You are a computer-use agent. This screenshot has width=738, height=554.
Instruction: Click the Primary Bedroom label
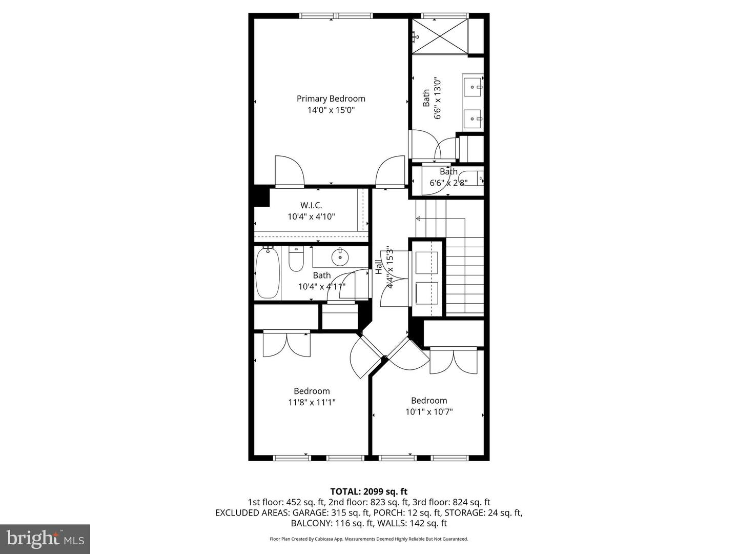[x=331, y=98]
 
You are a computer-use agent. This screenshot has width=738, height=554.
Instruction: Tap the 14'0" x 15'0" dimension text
[x=331, y=110]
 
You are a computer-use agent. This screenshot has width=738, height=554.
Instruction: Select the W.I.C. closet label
[x=311, y=205]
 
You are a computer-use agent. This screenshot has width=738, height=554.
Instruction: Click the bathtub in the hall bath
[x=268, y=273]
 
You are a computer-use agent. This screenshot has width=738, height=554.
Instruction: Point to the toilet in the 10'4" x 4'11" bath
[x=296, y=259]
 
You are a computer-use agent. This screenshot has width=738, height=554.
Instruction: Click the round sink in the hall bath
[x=339, y=257]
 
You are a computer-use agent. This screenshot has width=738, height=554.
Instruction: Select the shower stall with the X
[x=440, y=36]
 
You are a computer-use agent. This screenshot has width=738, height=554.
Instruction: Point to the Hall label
[x=379, y=267]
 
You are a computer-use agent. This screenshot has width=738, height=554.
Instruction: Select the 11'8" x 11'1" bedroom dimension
[x=312, y=403]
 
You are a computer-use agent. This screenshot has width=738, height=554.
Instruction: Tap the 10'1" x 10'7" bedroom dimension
[x=429, y=411]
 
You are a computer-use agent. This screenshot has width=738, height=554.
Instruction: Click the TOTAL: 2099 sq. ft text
[x=368, y=491]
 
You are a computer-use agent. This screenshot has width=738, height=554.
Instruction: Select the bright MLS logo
[x=45, y=539]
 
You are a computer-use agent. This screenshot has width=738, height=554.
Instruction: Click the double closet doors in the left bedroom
[x=286, y=344]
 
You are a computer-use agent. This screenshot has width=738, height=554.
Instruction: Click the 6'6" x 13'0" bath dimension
[x=438, y=98]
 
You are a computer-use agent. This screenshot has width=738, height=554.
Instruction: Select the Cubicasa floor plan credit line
[x=368, y=539]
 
